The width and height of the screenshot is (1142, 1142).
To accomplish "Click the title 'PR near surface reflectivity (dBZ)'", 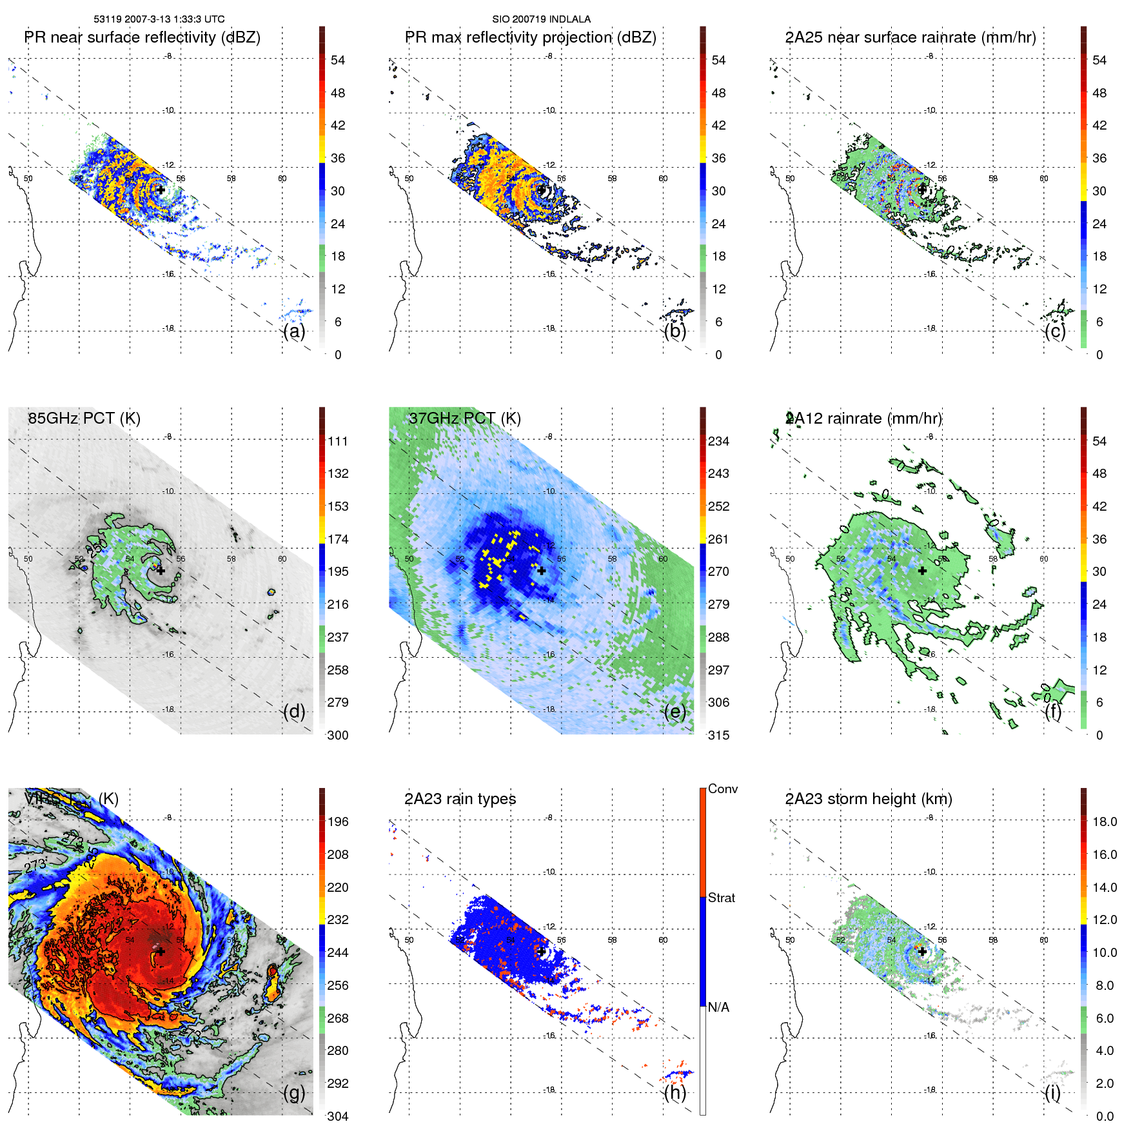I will click(142, 37).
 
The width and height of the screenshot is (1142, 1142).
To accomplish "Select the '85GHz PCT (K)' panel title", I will click(84, 418).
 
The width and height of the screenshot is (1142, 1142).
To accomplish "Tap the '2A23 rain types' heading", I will click(460, 799).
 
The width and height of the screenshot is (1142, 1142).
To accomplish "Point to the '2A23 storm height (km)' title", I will click(869, 799).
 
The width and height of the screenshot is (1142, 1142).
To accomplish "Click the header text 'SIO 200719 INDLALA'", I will click(541, 19).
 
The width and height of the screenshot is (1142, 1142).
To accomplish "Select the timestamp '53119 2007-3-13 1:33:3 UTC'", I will click(159, 19).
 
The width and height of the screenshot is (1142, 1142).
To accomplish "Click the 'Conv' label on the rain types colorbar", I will click(722, 789).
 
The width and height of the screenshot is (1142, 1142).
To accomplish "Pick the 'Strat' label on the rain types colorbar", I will click(721, 898).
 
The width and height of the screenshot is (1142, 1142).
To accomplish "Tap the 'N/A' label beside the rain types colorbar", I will click(718, 1007).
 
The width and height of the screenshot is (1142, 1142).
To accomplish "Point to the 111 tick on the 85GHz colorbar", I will click(338, 441).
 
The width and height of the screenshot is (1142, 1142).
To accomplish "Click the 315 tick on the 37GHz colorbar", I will click(718, 735).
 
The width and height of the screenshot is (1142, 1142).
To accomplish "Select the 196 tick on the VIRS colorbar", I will click(338, 822).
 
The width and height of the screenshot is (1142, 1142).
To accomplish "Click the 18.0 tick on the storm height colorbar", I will click(1105, 822).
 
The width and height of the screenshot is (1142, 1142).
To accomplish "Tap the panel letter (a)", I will click(294, 331).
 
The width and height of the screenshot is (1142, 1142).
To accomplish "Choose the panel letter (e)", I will click(674, 712).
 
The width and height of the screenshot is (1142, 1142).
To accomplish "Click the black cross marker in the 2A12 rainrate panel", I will click(922, 571).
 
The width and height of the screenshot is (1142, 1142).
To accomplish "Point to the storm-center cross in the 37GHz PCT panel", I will click(542, 571).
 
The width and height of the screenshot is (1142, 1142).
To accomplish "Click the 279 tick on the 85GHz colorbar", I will click(338, 702).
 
